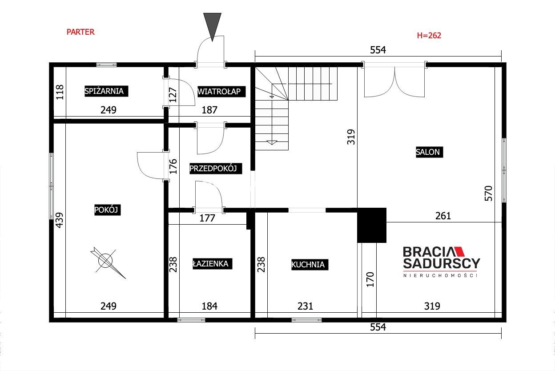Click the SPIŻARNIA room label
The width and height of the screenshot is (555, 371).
(106, 91)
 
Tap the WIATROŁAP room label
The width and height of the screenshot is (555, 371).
(221, 92)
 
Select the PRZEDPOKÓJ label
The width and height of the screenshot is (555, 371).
(216, 169)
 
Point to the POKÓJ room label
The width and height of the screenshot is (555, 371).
(107, 210)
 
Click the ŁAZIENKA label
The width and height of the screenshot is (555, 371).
(212, 264)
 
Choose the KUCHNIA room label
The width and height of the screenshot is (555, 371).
(310, 265)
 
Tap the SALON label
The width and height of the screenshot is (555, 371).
(430, 152)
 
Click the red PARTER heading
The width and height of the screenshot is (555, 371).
(80, 32)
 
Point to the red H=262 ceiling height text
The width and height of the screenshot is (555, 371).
(429, 36)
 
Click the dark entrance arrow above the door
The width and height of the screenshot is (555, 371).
(212, 25)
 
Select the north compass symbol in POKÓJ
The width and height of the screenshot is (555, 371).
(107, 262)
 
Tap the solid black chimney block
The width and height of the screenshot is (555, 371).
(372, 225)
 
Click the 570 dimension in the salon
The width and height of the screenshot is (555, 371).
(488, 194)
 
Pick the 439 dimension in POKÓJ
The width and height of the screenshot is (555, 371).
(59, 220)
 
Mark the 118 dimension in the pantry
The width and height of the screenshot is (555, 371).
(60, 92)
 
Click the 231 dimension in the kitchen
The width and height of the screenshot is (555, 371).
(305, 306)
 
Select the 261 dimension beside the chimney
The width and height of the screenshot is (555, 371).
(443, 216)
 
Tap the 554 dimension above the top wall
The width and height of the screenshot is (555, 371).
(378, 50)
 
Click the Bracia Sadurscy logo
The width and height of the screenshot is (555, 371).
(441, 262)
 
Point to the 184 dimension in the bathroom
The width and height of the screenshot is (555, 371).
(209, 306)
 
